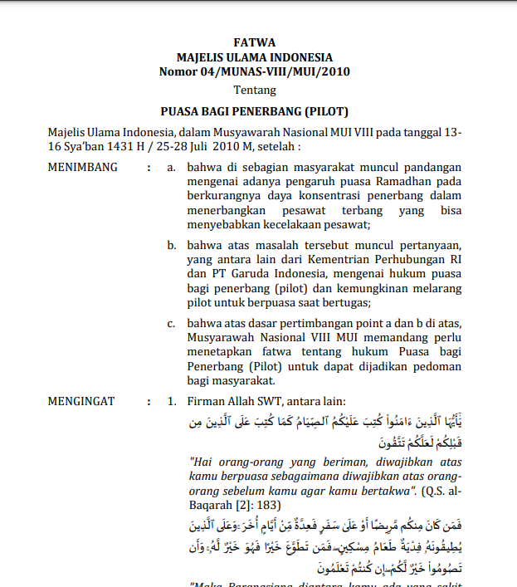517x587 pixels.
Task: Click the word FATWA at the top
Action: [255, 43]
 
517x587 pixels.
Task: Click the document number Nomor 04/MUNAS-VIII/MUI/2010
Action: [255, 71]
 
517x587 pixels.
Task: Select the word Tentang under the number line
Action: [255, 90]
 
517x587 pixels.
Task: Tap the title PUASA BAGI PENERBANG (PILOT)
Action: [255, 110]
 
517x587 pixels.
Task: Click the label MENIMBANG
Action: [83, 167]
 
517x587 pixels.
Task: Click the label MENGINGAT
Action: [82, 402]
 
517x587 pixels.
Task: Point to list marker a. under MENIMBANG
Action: [172, 167]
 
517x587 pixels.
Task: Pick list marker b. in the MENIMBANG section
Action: [172, 246]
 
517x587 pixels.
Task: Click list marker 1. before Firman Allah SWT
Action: [172, 402]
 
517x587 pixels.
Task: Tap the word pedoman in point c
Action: [437, 368]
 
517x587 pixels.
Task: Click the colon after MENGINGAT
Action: [149, 402]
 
